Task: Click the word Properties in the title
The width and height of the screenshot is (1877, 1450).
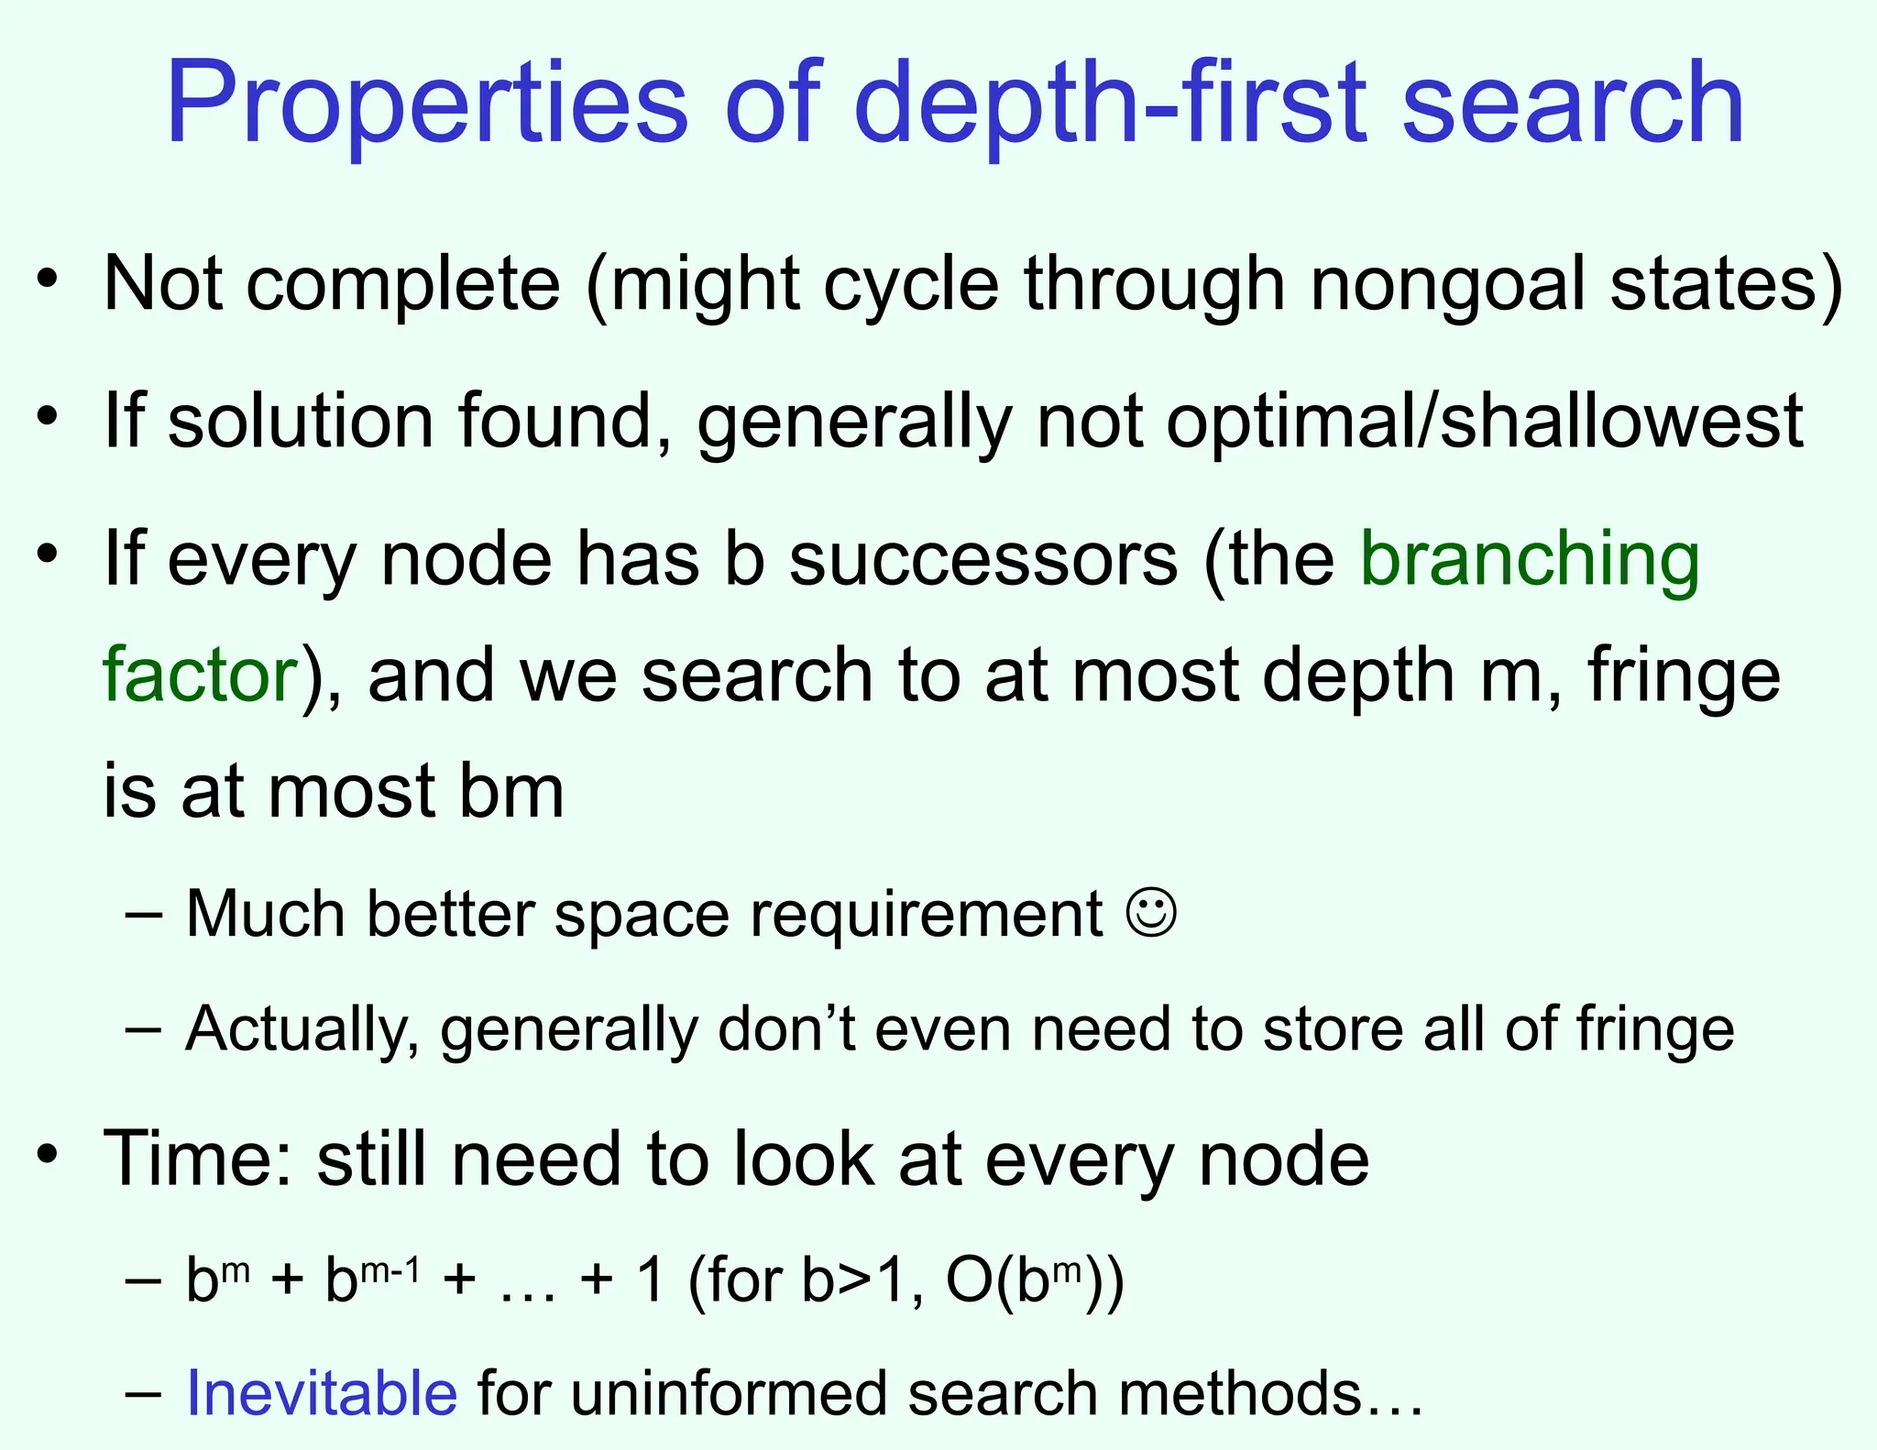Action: point(426,103)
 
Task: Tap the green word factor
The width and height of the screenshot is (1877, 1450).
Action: point(201,675)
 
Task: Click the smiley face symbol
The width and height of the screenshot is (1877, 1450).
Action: point(1151,913)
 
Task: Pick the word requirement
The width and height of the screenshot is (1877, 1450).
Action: point(927,916)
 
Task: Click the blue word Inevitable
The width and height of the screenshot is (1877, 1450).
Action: point(322,1393)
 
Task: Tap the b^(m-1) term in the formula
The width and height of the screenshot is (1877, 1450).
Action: point(372,1280)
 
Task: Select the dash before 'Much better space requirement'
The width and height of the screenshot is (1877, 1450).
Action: point(144,914)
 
